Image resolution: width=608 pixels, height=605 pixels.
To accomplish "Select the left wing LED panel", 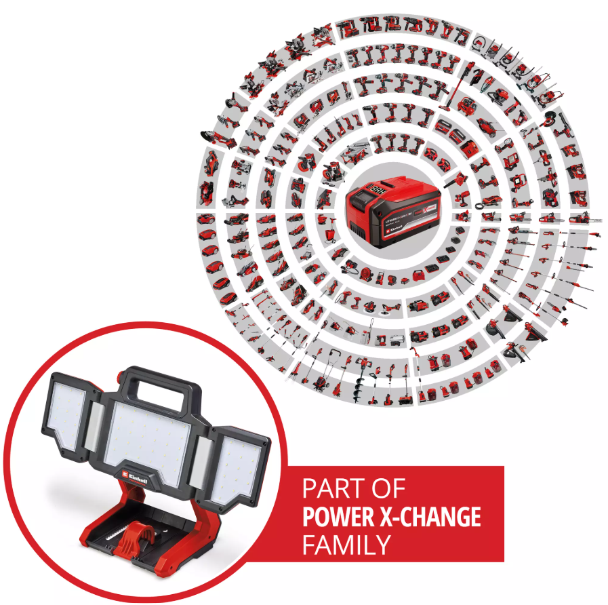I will pyautogui.click(x=69, y=411).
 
